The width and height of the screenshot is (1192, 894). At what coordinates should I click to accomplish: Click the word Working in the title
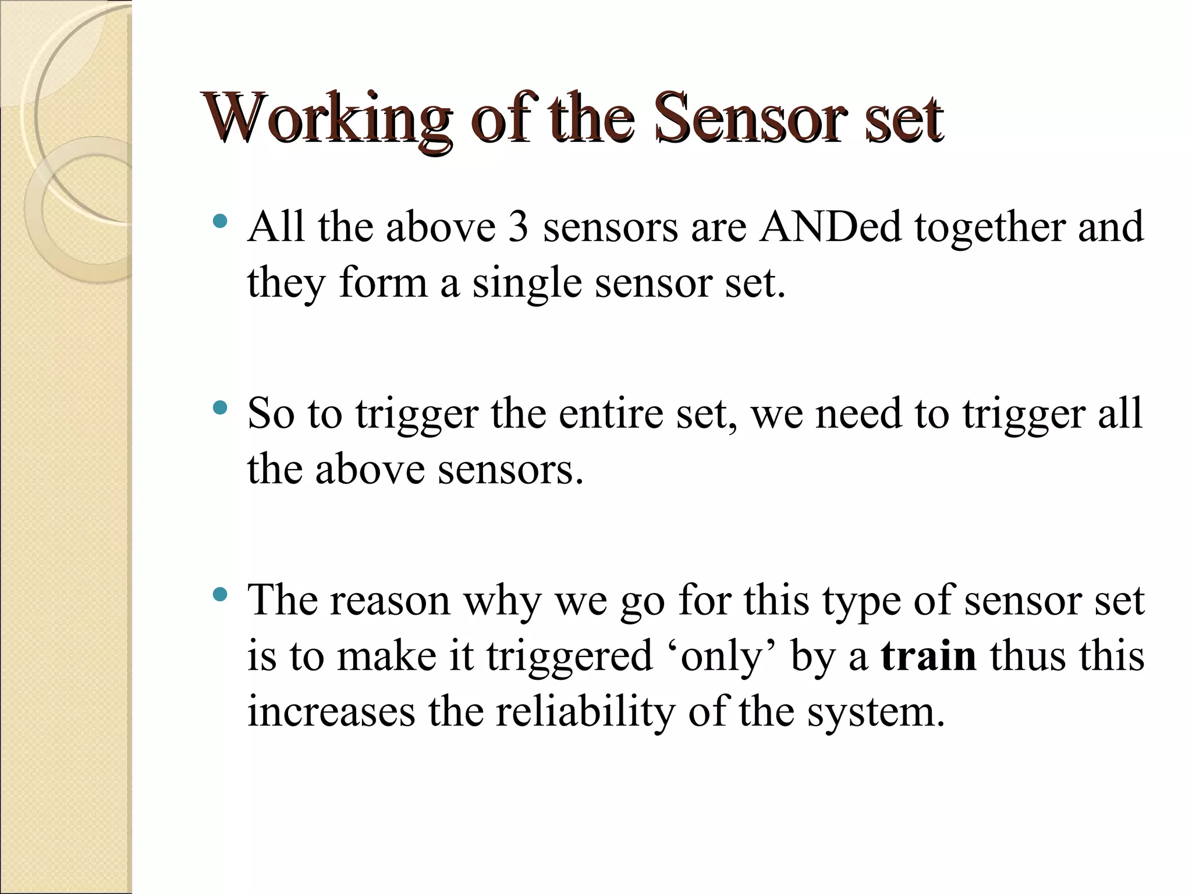326,120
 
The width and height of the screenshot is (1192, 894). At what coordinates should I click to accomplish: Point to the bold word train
928,656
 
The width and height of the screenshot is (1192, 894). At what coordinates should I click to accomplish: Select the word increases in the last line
331,712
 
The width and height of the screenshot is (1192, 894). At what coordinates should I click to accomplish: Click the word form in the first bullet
382,283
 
